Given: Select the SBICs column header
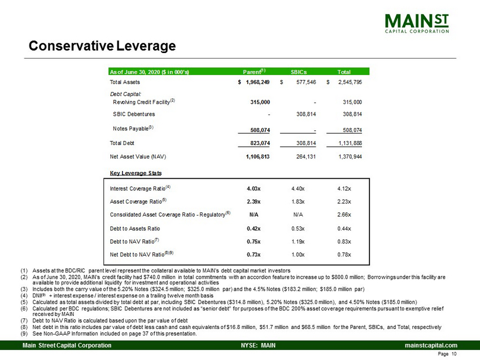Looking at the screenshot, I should tap(299, 72).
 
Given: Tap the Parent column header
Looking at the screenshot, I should tap(254, 72).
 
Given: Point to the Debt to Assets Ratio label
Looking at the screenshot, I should tap(135, 229).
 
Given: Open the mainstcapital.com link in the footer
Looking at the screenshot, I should tap(430, 345).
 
